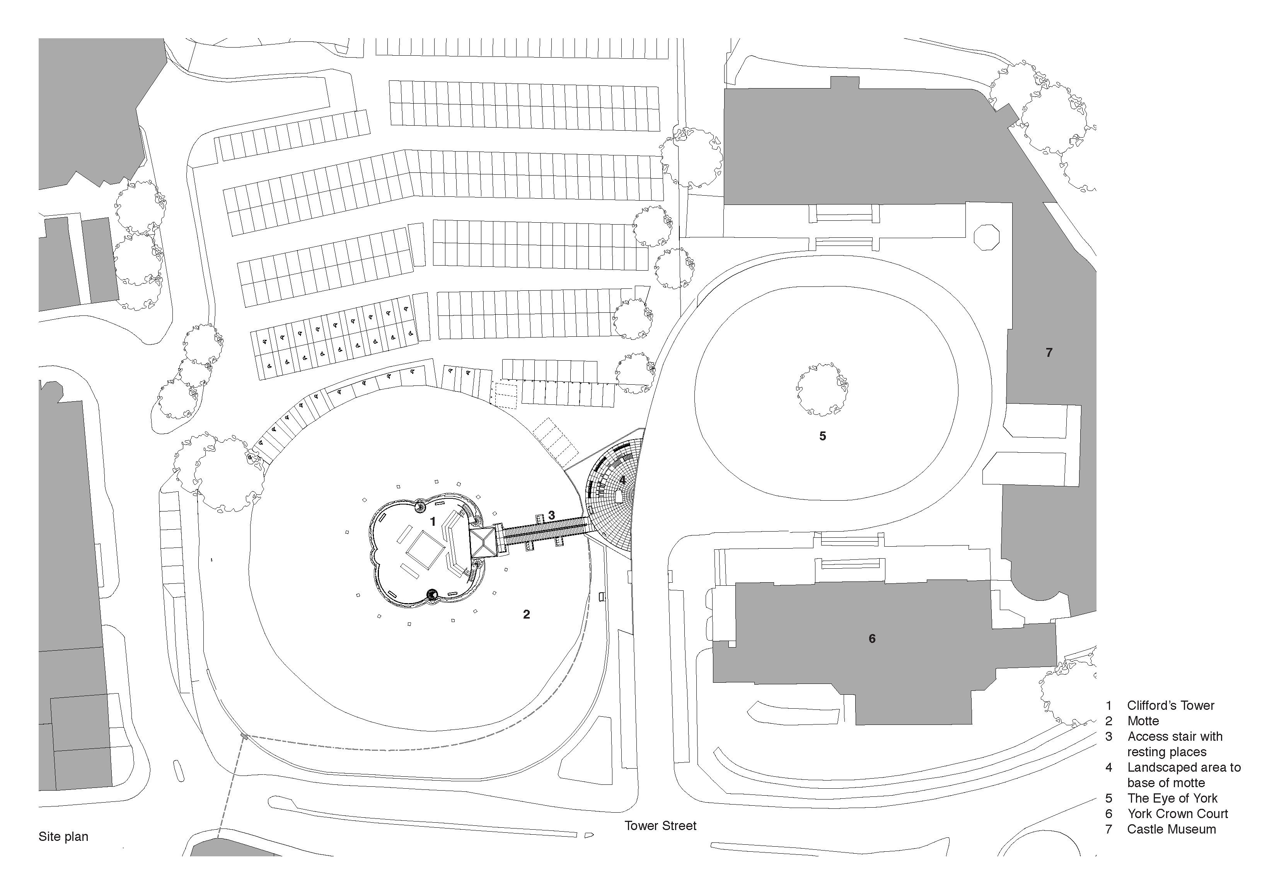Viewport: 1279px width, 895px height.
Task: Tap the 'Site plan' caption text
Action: click(63, 837)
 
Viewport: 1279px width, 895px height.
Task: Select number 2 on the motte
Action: click(527, 614)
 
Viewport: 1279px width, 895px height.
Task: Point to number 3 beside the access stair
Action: click(551, 515)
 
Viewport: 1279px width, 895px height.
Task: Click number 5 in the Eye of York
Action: click(823, 436)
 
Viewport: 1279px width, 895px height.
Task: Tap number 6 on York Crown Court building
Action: click(872, 639)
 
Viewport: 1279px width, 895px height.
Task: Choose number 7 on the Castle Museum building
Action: click(1049, 353)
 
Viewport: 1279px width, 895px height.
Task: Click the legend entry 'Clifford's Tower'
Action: click(1170, 706)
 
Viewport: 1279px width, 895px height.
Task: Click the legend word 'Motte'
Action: click(1143, 721)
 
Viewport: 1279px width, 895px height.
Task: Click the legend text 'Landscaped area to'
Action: click(1184, 767)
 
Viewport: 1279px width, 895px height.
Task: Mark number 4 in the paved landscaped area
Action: click(622, 479)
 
